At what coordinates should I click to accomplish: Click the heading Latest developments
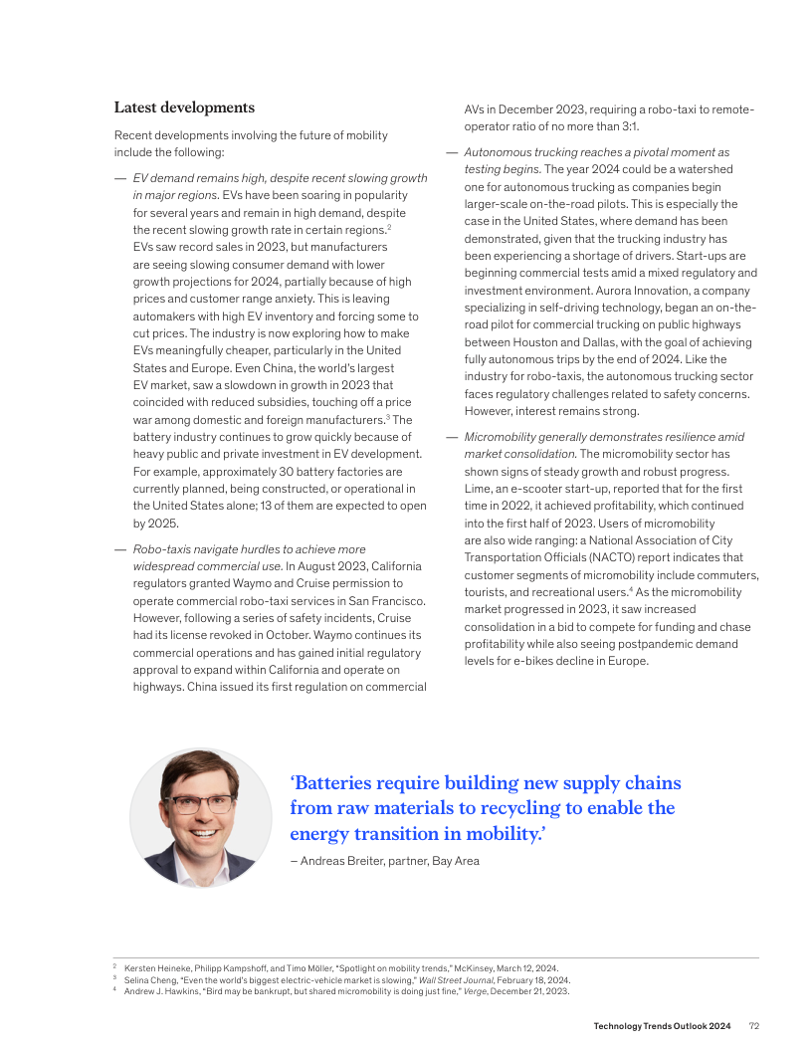[184, 107]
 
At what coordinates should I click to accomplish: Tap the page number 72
[754, 1025]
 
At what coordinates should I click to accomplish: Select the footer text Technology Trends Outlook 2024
[663, 1025]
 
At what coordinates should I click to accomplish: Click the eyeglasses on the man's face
[201, 804]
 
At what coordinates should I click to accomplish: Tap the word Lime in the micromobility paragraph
[478, 489]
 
